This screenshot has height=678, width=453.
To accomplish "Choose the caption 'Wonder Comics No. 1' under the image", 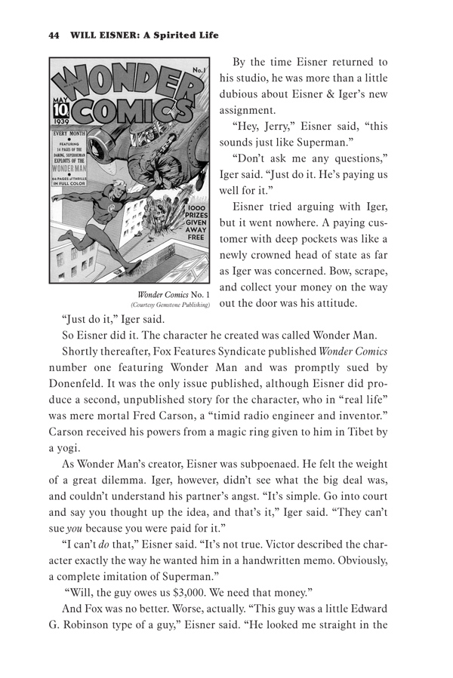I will [x=168, y=293].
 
